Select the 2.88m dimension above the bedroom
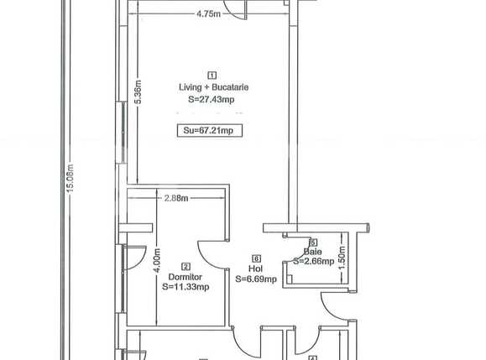pyautogui.click(x=175, y=198)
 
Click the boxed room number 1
pyautogui.click(x=212, y=75)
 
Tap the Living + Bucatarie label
pyautogui.click(x=212, y=86)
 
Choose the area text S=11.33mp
pyautogui.click(x=186, y=287)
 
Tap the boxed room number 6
pyautogui.click(x=256, y=258)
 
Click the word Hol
pyautogui.click(x=256, y=269)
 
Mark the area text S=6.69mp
pyautogui.click(x=256, y=279)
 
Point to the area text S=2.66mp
pyautogui.click(x=313, y=261)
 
